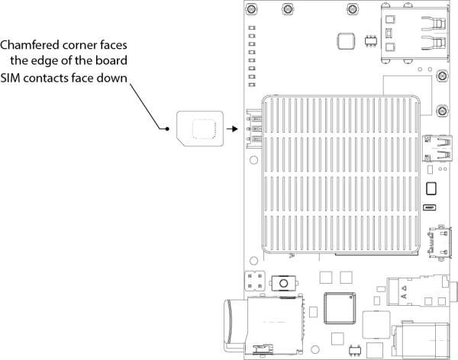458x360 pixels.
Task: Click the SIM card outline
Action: pyautogui.click(x=199, y=129)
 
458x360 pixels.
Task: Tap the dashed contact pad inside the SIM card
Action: pyautogui.click(x=204, y=129)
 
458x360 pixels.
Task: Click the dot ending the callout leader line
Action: pyautogui.click(x=166, y=129)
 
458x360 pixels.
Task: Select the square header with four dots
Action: pyautogui.click(x=256, y=281)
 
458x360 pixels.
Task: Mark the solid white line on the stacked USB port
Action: pyautogui.click(x=440, y=34)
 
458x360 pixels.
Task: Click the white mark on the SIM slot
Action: pyautogui.click(x=251, y=130)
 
